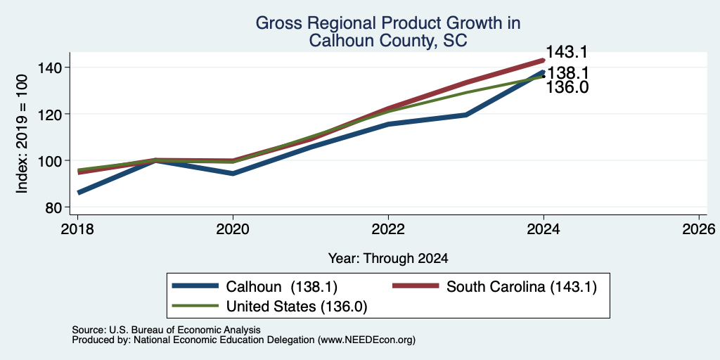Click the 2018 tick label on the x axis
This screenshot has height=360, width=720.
coord(77,229)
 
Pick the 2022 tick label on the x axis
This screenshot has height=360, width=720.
coord(388,229)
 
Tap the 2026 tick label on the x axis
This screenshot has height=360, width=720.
coord(699,229)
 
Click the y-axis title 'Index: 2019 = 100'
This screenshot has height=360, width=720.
coord(22,134)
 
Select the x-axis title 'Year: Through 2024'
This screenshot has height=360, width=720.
coord(388,259)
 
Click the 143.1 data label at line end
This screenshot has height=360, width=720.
coord(567,52)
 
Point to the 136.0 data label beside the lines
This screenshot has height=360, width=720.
coord(567,86)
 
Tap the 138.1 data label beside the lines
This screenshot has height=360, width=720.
coord(567,73)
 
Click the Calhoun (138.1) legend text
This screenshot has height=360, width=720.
coord(282,287)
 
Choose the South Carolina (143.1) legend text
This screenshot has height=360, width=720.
coord(522,287)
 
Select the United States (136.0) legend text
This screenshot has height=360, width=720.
coord(297,307)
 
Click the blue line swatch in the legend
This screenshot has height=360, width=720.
coord(195,287)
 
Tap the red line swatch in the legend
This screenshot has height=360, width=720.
coord(415,287)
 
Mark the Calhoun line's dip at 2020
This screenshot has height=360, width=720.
coord(233,174)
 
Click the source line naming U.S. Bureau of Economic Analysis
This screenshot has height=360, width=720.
coord(166,330)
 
